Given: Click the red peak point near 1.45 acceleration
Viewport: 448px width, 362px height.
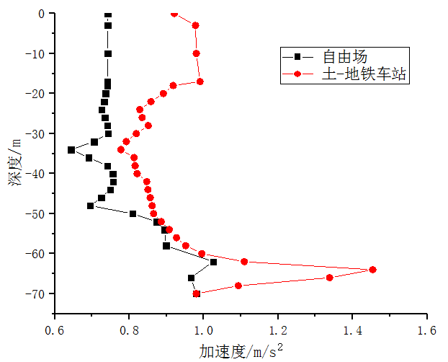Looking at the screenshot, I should pyautogui.click(x=372, y=270).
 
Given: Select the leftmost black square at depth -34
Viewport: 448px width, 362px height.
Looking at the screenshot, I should pyautogui.click(x=71, y=150).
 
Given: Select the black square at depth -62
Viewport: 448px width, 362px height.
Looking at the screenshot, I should pyautogui.click(x=213, y=262).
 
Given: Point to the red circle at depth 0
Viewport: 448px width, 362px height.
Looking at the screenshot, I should pyautogui.click(x=174, y=14).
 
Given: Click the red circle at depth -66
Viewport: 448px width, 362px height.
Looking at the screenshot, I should pyautogui.click(x=329, y=278).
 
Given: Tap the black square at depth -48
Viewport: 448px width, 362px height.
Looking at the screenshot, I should pyautogui.click(x=91, y=206).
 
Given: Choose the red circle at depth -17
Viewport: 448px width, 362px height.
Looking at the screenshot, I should pyautogui.click(x=200, y=81).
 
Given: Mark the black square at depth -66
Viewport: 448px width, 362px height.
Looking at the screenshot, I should pyautogui.click(x=192, y=278).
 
